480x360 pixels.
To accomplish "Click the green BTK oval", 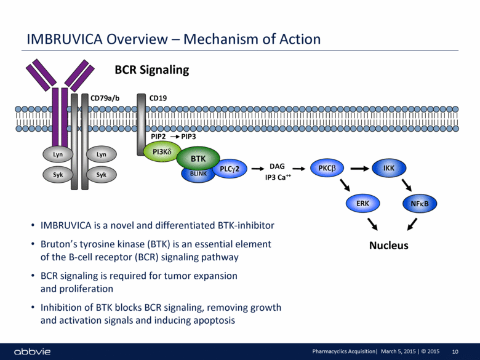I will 198,159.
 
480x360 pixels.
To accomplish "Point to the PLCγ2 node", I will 229,168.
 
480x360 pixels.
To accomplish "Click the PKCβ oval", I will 327,167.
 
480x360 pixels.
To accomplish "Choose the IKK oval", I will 388,167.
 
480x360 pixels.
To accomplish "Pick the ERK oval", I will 362,202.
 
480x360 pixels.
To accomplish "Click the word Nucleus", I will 388,246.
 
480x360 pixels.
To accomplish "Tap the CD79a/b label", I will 106,97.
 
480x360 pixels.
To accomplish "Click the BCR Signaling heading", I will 152,70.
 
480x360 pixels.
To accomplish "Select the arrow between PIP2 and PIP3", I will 174,136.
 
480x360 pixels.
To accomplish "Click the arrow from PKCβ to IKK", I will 358,167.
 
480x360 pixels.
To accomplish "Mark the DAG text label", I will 277,166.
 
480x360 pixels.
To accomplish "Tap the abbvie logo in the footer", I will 30,351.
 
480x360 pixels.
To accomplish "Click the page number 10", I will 455,351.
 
